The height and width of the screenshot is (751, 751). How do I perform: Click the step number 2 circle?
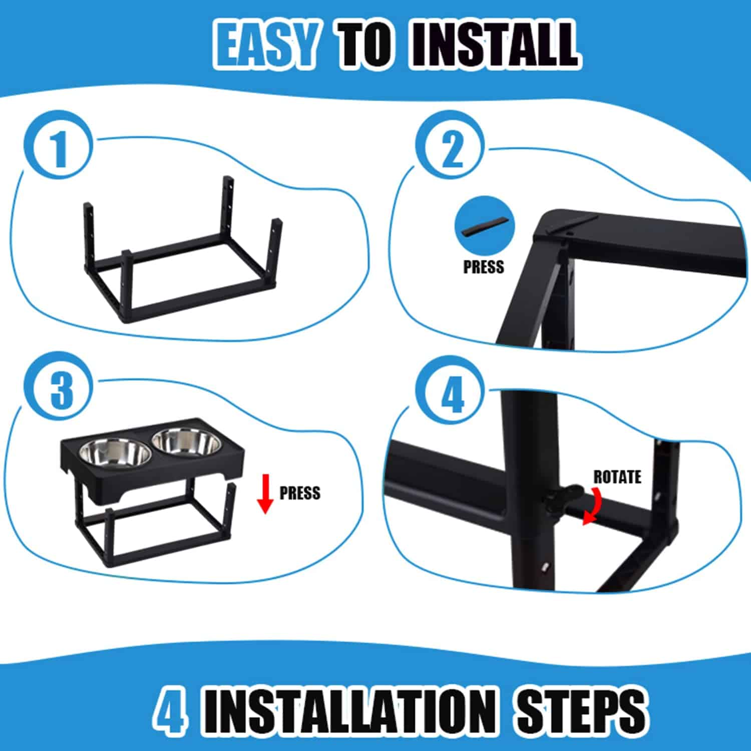(453, 149)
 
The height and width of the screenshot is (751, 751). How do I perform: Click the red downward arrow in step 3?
(265, 495)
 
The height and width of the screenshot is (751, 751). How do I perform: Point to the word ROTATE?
(617, 477)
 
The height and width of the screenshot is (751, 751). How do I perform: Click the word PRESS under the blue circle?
(484, 267)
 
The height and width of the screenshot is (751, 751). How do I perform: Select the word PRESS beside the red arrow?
(300, 493)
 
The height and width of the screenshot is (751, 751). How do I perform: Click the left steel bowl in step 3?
(115, 453)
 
